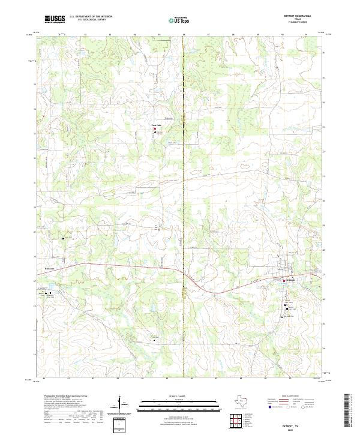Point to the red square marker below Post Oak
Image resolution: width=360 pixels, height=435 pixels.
click(156, 127)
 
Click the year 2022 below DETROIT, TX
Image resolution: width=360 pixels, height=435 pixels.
click(296, 429)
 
